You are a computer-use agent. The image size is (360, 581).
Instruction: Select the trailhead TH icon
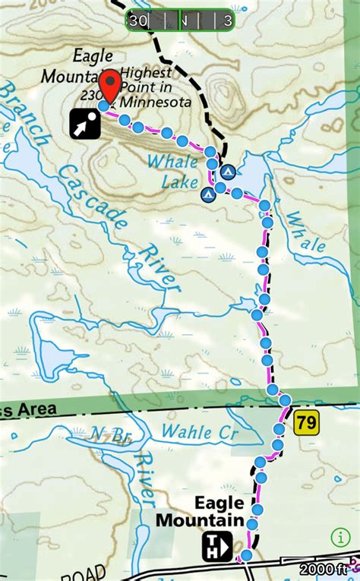point(216,546)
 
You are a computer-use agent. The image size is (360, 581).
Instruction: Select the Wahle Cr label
point(200,433)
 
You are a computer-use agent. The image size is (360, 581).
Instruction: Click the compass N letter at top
point(183,21)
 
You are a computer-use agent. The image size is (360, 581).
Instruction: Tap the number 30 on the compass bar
point(138,21)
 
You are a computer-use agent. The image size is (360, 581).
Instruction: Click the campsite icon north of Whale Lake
point(228,172)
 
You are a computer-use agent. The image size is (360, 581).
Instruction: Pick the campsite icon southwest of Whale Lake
point(206,194)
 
